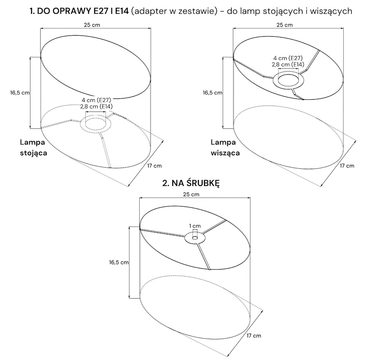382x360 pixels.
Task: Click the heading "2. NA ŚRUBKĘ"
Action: click(x=191, y=183)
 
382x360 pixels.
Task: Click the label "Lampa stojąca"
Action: click(x=33, y=147)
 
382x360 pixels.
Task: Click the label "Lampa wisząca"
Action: click(x=225, y=147)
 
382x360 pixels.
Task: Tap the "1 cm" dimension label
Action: click(x=195, y=226)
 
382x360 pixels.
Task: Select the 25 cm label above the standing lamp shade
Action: click(x=92, y=25)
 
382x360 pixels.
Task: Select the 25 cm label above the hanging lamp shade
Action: click(x=285, y=25)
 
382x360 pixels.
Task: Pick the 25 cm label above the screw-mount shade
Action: click(x=191, y=194)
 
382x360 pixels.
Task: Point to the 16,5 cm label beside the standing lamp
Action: click(x=20, y=93)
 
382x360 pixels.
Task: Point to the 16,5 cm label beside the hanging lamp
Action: click(x=212, y=93)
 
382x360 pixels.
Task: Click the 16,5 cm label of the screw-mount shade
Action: click(x=119, y=262)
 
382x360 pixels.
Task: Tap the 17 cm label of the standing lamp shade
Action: click(x=154, y=166)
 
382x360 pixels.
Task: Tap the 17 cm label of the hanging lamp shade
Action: click(x=347, y=166)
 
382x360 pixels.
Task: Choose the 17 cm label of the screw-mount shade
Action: click(x=254, y=336)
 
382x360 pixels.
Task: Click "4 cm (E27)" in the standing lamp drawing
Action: click(x=96, y=100)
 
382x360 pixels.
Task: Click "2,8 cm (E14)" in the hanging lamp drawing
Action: click(x=288, y=65)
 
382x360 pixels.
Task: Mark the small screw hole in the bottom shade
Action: click(x=195, y=237)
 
